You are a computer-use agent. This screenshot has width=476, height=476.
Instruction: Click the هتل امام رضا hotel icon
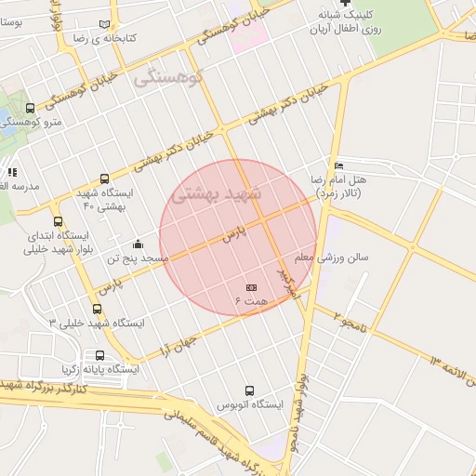(x=338, y=165)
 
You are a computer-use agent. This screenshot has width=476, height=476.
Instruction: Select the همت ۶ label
(x=251, y=302)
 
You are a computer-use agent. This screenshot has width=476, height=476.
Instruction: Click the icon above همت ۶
(x=251, y=288)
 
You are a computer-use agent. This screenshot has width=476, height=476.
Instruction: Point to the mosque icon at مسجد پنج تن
(x=139, y=244)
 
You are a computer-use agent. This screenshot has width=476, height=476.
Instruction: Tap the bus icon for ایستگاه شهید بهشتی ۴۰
(x=103, y=178)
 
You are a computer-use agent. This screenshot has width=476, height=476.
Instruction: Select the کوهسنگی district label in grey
(x=169, y=78)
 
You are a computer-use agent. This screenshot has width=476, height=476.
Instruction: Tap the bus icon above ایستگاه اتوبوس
(x=248, y=391)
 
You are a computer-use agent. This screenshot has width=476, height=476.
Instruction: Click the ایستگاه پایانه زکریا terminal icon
(x=99, y=355)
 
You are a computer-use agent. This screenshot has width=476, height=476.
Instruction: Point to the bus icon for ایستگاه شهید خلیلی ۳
(x=97, y=309)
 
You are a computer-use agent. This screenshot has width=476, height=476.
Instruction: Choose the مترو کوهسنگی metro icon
(x=31, y=109)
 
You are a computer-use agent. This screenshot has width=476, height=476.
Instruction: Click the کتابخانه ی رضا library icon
(x=114, y=24)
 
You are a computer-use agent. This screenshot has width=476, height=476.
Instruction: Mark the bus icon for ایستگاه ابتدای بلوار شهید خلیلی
(x=59, y=221)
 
